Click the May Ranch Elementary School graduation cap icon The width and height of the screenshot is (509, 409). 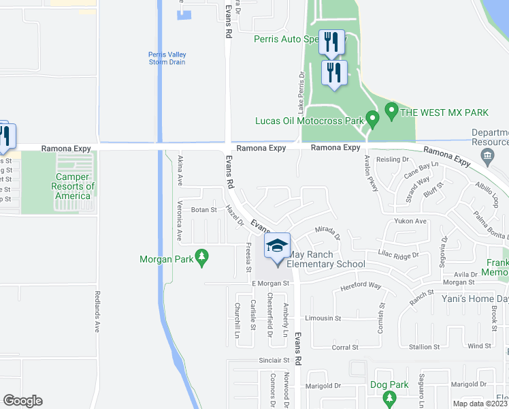pos(278,246)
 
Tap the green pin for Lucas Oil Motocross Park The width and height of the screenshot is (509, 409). pos(372,119)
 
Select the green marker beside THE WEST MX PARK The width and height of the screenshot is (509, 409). pos(391,109)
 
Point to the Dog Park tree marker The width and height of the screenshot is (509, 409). pos(389,397)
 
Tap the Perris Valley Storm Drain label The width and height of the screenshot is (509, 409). pos(167,59)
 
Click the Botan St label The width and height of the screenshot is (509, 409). pos(203,210)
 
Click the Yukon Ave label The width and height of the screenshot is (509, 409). pos(410,222)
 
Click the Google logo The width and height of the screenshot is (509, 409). pos(22,401)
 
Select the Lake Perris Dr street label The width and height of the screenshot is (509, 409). pos(299,93)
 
